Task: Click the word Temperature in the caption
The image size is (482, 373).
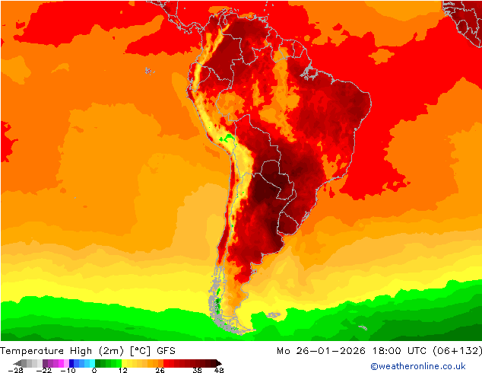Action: tap(33, 351)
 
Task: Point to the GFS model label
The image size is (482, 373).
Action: tap(167, 351)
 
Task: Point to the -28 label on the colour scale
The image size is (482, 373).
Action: tap(15, 370)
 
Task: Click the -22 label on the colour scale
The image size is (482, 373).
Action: tap(46, 370)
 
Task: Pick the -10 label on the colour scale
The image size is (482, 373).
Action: tap(68, 370)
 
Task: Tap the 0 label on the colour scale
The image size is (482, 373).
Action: tap(94, 370)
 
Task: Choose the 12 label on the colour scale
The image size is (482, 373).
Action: tap(122, 370)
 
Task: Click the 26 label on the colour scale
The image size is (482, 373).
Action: tap(160, 370)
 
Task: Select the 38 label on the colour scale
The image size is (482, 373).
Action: tap(197, 370)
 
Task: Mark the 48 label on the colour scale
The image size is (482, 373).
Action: tap(219, 370)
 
